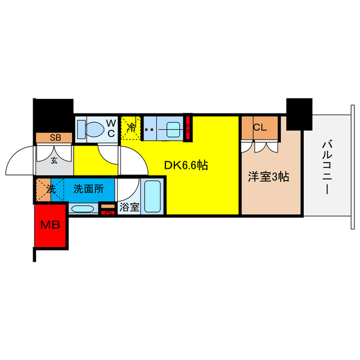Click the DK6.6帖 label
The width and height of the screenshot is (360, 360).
click(186, 165)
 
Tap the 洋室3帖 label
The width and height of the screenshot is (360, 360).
click(269, 177)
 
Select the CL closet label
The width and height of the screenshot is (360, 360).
click(259, 127)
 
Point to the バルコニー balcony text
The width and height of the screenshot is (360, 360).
click(326, 168)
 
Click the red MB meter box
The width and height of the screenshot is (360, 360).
click(50, 226)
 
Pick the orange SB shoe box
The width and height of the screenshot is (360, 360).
click(54, 137)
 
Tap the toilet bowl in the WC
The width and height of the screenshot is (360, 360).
click(93, 128)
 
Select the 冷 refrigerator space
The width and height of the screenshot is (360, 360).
click(130, 128)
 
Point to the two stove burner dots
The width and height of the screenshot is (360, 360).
click(150, 129)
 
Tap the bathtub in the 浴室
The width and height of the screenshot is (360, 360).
click(152, 195)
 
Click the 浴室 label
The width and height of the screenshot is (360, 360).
click(130, 207)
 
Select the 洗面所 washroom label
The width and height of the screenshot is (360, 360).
click(88, 189)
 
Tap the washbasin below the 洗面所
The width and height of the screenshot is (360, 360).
click(84, 210)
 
